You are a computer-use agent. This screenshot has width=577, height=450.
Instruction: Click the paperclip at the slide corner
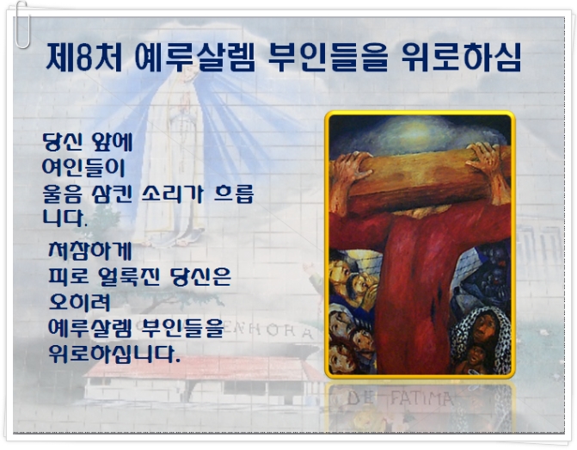22,25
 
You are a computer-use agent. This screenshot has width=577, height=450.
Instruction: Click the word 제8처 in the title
84,57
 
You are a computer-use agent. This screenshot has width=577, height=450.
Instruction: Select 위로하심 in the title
462,57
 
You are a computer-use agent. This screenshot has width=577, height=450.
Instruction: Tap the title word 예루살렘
195,57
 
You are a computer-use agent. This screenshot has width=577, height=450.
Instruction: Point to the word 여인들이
83,168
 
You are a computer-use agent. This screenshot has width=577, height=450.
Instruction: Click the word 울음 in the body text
62,194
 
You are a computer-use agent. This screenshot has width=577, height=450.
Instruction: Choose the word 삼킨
112,194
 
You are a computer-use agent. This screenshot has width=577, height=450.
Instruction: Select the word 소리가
172,194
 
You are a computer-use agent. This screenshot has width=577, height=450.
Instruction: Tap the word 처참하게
90,250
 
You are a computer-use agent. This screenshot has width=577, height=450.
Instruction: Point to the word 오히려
79,302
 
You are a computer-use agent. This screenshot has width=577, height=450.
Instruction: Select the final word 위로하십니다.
114,354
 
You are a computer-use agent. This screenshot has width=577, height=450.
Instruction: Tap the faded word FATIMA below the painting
421,399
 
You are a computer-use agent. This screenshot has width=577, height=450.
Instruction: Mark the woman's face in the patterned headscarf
483,326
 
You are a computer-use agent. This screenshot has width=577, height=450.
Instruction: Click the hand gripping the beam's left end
350,170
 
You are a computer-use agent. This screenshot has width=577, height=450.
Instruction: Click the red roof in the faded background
202,368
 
